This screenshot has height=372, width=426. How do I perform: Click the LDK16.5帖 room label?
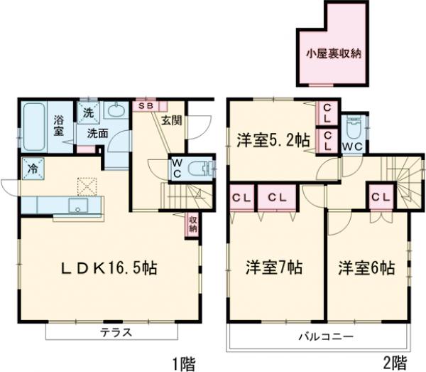[108, 268]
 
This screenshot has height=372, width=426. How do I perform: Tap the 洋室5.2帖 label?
[273, 139]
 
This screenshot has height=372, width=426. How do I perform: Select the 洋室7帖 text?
[275, 268]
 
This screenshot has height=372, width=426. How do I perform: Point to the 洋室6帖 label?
[366, 268]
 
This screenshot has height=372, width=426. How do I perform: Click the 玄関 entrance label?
[171, 120]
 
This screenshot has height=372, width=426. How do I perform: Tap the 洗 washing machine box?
[89, 112]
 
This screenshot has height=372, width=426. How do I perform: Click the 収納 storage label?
[193, 224]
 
